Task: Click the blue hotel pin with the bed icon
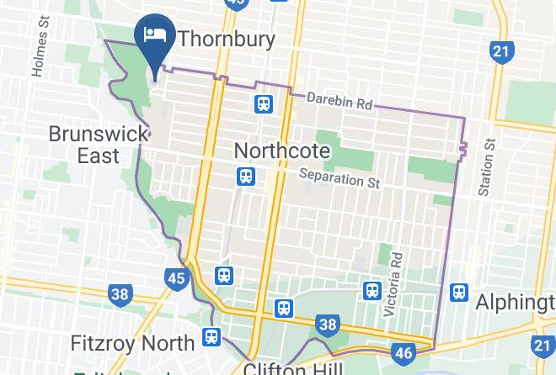[153, 38]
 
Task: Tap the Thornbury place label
[225, 38]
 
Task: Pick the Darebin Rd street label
[339, 102]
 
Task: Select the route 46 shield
[404, 351]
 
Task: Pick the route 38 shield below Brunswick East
[120, 294]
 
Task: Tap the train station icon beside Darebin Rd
[264, 104]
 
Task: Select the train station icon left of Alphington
[459, 293]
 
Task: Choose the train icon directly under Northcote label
[246, 177]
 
